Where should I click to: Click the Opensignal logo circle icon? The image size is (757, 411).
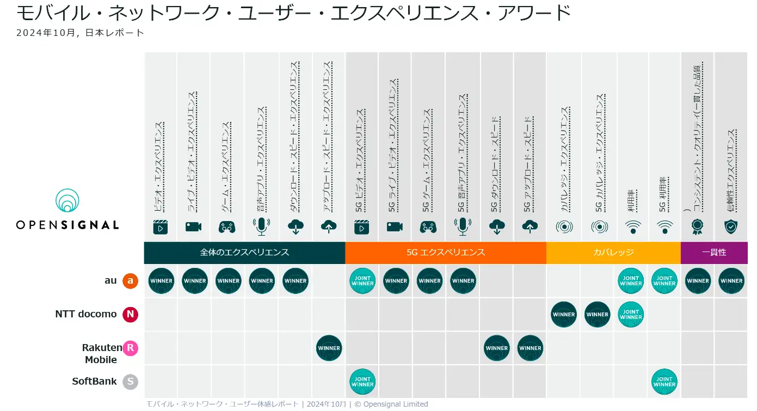pos(67,201)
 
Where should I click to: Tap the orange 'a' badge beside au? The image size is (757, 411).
pos(130,281)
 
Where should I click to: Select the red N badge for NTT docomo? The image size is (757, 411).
pos(130,315)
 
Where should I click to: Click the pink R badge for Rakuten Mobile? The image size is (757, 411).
pos(130,348)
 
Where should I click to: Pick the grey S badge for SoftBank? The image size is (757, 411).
pos(130,382)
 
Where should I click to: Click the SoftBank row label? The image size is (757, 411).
pos(94,382)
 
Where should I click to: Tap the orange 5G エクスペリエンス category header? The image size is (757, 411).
pos(445,253)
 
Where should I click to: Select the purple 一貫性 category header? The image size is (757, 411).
pos(713,253)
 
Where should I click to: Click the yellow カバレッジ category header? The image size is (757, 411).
pos(613,253)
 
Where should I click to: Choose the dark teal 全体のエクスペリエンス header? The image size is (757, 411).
pos(244,253)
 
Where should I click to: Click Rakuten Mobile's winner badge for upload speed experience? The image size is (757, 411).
pos(329,348)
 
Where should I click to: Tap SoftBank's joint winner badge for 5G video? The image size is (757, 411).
pos(362,382)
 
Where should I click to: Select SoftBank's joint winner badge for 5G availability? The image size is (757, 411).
pos(664,382)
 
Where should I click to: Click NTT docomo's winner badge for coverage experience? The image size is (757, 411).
pos(564,315)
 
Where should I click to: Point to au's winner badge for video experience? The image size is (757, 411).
pos(161,281)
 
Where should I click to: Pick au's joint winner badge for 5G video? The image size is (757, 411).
pos(362,281)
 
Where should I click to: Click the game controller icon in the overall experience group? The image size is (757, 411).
pos(227,227)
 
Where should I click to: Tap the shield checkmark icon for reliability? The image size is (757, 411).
pos(730,227)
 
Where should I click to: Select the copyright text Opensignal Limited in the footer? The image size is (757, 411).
pos(395,404)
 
